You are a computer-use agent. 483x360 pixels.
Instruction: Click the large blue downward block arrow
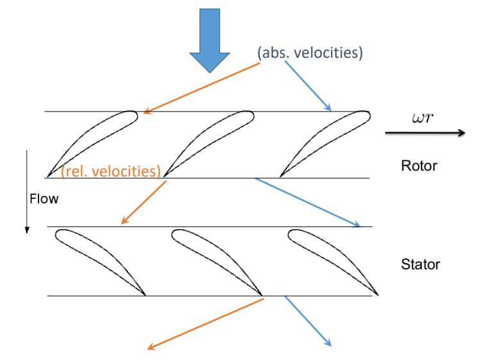[210, 40]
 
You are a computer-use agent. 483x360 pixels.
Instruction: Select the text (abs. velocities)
[310, 53]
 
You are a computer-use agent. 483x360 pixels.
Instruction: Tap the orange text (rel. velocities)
[111, 171]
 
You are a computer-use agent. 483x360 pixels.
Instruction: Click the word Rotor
[419, 166]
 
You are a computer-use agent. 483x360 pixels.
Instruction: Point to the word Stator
[421, 264]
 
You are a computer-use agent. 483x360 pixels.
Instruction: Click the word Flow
[44, 199]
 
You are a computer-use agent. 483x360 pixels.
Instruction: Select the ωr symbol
[423, 117]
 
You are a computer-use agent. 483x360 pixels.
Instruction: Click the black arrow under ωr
[425, 133]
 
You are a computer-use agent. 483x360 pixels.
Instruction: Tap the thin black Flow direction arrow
[27, 192]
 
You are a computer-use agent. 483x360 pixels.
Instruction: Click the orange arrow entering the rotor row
[202, 88]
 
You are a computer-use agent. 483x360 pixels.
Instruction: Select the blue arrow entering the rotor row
[308, 86]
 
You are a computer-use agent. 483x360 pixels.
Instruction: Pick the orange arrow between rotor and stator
[144, 202]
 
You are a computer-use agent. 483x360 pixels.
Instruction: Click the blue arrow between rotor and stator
[308, 203]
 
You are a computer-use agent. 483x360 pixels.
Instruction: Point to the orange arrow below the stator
[205, 324]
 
